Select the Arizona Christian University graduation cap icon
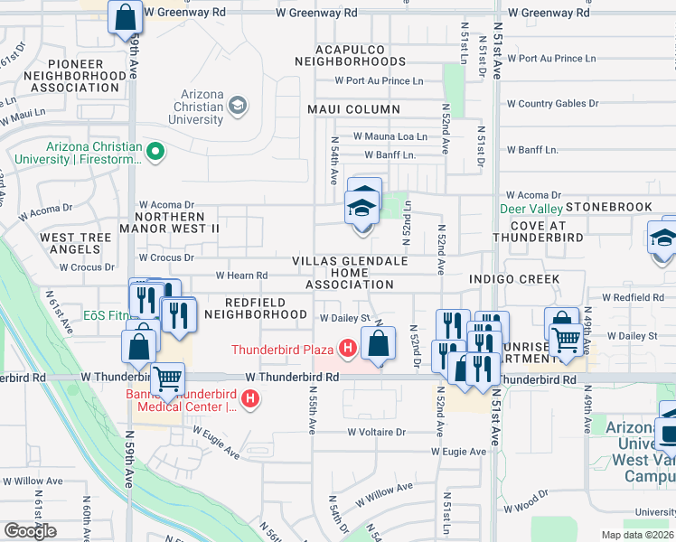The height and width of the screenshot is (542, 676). point(238,105)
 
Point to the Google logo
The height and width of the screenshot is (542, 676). point(30,531)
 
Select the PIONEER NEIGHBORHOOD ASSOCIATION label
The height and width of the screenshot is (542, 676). point(78,76)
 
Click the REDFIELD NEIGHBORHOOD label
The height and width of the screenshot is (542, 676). point(255,308)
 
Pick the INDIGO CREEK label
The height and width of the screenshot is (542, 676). point(513,279)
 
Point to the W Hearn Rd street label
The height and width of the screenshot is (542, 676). point(241,276)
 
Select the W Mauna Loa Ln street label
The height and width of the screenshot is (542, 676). point(390,136)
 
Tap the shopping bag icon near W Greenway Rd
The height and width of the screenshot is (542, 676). point(125,17)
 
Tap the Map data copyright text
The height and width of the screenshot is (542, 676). point(636,535)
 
